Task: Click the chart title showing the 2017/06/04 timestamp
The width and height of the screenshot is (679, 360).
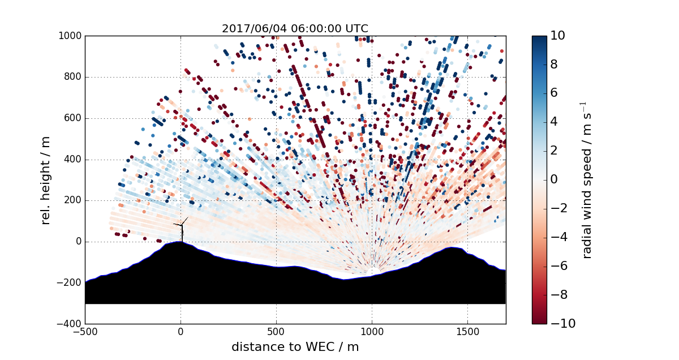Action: click(295, 28)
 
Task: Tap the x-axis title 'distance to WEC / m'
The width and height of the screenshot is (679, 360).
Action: click(295, 347)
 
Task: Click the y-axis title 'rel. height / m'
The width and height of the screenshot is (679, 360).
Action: click(46, 180)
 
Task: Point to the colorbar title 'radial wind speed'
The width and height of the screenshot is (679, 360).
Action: click(587, 180)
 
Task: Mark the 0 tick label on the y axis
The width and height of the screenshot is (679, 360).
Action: click(78, 242)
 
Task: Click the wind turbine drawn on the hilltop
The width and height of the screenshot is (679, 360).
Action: click(182, 230)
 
